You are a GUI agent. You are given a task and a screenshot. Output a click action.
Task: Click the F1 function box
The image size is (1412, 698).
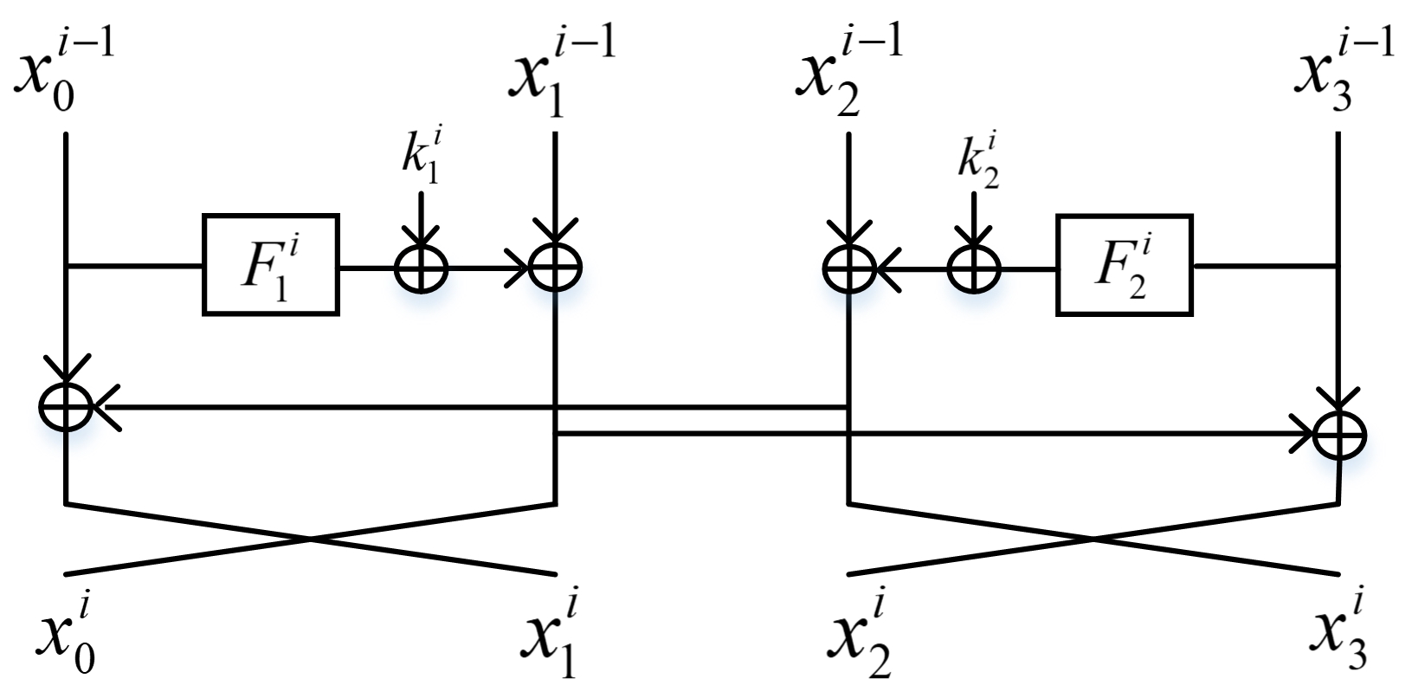coord(270,263)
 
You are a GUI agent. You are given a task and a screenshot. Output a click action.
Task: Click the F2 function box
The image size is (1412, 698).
coord(1124,263)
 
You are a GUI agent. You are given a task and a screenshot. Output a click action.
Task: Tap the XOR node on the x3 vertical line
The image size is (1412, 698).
coord(1339,433)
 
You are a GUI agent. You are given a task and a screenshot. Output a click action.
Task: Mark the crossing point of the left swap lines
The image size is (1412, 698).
coord(310,540)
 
